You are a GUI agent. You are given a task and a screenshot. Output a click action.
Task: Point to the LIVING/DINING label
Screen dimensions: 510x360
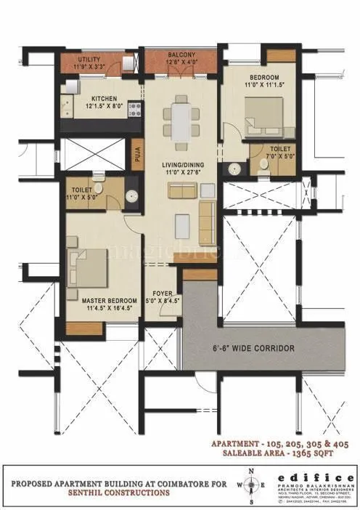point(183,165)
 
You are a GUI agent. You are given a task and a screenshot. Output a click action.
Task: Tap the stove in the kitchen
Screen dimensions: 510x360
point(134,110)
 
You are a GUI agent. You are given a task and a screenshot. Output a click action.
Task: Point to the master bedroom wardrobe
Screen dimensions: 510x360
point(83,328)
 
